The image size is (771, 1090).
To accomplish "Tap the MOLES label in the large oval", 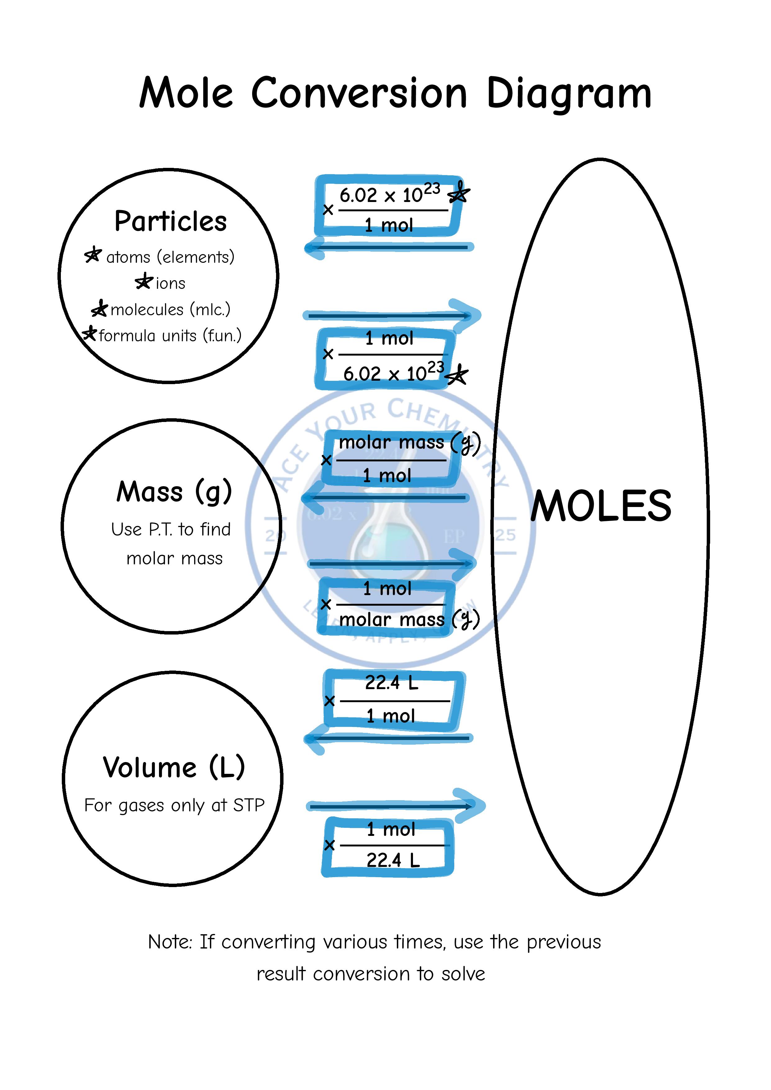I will pyautogui.click(x=601, y=506).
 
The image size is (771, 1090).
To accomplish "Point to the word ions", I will pyautogui.click(x=170, y=283).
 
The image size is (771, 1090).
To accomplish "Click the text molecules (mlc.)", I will pyautogui.click(x=170, y=310).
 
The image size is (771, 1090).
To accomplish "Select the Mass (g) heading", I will pyautogui.click(x=174, y=491).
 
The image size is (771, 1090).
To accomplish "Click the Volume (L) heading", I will pyautogui.click(x=174, y=767).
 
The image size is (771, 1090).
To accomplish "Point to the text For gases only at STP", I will pyautogui.click(x=174, y=805).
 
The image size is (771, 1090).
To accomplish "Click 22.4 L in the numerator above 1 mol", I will pyautogui.click(x=392, y=683).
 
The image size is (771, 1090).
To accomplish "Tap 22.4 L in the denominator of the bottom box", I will pyautogui.click(x=393, y=860).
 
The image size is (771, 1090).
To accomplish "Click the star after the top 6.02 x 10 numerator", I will pyautogui.click(x=458, y=193).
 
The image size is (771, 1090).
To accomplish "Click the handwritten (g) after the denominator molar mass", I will pyautogui.click(x=466, y=619).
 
